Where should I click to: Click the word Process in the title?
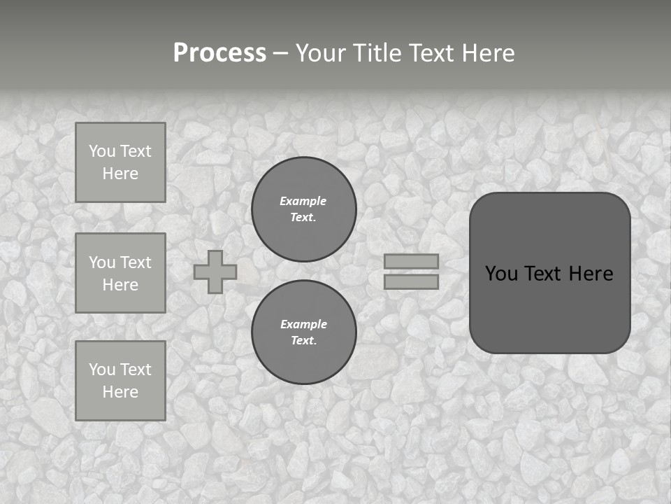coord(219,53)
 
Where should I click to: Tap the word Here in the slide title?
coord(488,53)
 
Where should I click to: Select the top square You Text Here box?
coord(120,162)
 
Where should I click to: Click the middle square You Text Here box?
coord(120,273)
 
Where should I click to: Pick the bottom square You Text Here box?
coord(120,381)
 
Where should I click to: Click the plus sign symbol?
coord(215,272)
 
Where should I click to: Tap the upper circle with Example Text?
coord(304,209)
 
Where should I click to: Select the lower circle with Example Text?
coord(304,332)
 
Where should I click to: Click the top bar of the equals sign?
coord(412,261)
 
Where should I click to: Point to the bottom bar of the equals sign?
coord(412,281)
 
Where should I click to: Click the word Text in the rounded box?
coord(545,274)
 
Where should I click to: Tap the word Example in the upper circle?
coord(303,201)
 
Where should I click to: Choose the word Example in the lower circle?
coord(303,324)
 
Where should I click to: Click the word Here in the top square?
coord(120,174)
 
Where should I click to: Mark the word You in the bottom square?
coord(102,370)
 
